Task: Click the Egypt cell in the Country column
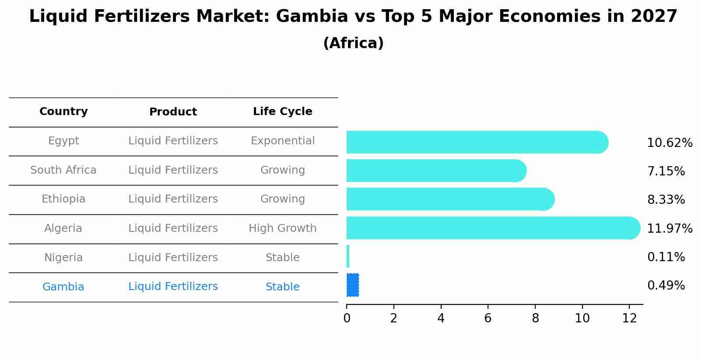(63, 141)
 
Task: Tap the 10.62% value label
(670, 143)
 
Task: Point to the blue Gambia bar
(353, 285)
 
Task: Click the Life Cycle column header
(282, 112)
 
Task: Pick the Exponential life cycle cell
(282, 141)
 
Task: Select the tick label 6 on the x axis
(488, 318)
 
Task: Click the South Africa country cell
(63, 170)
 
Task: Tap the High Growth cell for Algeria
(282, 228)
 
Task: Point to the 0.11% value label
(666, 257)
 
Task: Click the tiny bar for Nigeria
(348, 256)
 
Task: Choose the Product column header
(173, 112)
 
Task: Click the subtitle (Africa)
(353, 43)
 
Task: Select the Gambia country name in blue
(63, 287)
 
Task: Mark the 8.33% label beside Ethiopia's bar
(666, 200)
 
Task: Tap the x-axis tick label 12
(629, 318)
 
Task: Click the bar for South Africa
(435, 171)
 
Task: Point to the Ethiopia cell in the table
(63, 199)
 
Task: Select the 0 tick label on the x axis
(347, 318)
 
